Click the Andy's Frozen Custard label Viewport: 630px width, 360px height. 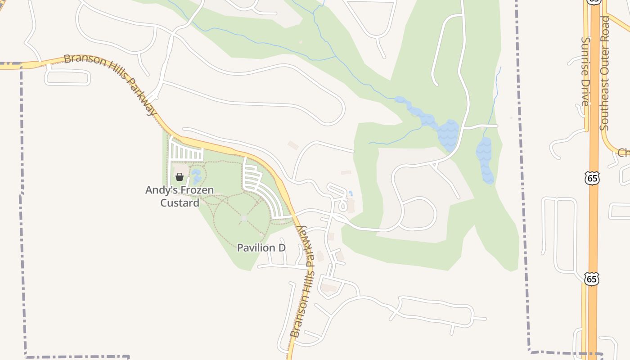pyautogui.click(x=179, y=197)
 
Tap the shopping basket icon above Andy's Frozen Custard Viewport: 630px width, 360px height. pyautogui.click(x=180, y=177)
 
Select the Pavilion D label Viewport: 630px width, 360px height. pyautogui.click(x=261, y=247)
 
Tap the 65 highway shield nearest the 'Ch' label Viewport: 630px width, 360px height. pyautogui.click(x=592, y=178)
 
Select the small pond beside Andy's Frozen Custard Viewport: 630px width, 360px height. pyautogui.click(x=196, y=176)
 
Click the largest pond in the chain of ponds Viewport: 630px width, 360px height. pyautogui.click(x=448, y=135)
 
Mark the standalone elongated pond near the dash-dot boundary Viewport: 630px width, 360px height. pyautogui.click(x=485, y=160)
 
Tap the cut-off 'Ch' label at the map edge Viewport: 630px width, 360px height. pyautogui.click(x=624, y=153)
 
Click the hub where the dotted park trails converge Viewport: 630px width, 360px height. pyautogui.click(x=244, y=218)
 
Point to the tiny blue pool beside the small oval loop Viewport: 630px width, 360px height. pyautogui.click(x=351, y=193)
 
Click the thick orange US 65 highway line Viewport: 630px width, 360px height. pyautogui.click(x=594, y=225)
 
